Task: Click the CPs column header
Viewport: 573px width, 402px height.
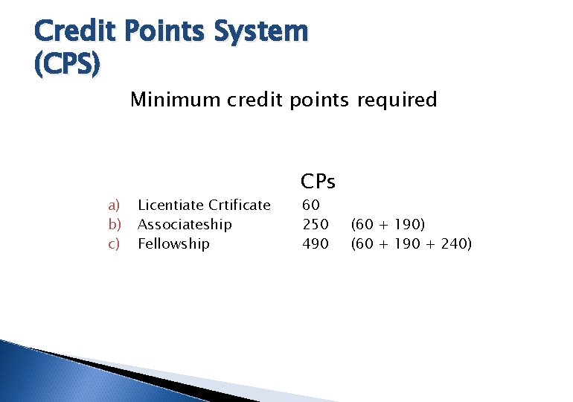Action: [318, 181]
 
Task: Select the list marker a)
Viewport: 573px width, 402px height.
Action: [114, 205]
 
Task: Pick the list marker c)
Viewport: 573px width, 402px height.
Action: [114, 244]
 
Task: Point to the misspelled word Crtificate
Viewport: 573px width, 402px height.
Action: [240, 205]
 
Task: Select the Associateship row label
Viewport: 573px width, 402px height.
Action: [185, 225]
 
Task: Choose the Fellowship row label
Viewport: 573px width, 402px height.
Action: [173, 244]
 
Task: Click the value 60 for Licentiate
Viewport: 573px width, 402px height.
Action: [311, 205]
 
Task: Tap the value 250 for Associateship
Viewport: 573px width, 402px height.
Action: [316, 225]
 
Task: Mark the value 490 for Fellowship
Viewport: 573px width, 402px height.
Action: [316, 244]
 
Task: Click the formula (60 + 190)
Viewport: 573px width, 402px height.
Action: [388, 225]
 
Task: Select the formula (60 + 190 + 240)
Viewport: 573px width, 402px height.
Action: [411, 244]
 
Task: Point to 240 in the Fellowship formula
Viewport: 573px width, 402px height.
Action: [452, 244]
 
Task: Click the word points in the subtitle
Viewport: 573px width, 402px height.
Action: [316, 100]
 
